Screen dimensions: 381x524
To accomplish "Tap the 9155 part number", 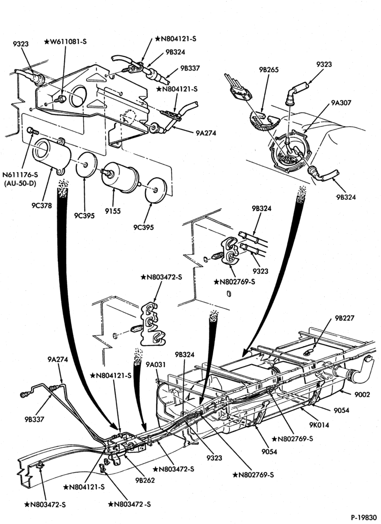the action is click(112, 211).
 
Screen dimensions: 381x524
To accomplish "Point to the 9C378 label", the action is click(42, 206).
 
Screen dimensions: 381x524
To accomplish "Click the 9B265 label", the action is click(269, 70).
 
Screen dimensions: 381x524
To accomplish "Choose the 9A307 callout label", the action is click(341, 103).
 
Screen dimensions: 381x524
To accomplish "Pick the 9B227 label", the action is click(345, 318).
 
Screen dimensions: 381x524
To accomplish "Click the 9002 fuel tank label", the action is click(362, 395).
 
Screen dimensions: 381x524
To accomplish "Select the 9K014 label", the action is click(319, 425).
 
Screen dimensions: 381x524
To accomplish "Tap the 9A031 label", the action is click(156, 364).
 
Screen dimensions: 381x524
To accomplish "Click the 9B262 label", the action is click(145, 480).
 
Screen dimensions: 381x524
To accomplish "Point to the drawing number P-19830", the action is click(364, 517).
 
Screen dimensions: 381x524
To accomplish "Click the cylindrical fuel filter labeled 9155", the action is click(120, 177).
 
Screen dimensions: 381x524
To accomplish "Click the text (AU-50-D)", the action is click(20, 183).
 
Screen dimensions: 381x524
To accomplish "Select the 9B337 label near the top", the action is click(190, 68).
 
